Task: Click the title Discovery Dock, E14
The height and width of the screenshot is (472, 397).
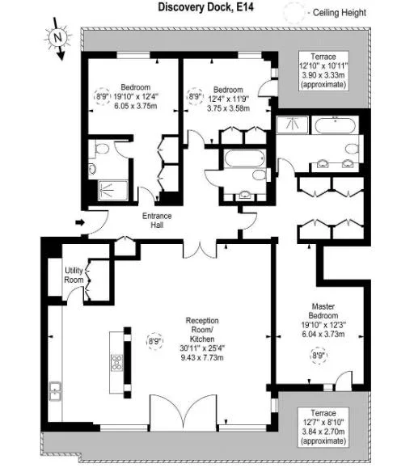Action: point(205,6)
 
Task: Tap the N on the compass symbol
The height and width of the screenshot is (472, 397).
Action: point(57,37)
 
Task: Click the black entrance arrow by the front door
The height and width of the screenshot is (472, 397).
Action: point(80,222)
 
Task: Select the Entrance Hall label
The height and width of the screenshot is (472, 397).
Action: point(157,221)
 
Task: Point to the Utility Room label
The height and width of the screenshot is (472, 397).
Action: point(74,275)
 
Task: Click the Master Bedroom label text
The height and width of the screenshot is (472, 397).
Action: point(323,311)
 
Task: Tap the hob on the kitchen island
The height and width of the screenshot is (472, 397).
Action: point(116,363)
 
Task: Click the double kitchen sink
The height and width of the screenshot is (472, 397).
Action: point(55,391)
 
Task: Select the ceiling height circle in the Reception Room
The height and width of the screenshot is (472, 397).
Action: point(154,341)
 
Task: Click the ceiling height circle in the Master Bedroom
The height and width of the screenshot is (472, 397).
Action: point(319,356)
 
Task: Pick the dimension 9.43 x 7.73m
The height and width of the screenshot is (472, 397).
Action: point(202,357)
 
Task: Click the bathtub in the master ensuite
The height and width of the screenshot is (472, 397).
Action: point(336,125)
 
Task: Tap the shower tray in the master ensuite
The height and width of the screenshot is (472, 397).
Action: point(292,125)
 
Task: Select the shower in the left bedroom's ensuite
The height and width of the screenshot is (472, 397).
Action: point(113,190)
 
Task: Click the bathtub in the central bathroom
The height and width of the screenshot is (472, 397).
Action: point(244,158)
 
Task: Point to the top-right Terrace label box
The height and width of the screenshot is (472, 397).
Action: point(323,70)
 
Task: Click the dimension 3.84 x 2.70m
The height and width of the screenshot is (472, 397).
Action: point(323,432)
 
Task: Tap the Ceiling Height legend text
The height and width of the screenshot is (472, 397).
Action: point(340,13)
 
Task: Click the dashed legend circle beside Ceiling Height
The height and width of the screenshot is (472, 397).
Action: point(294,13)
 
